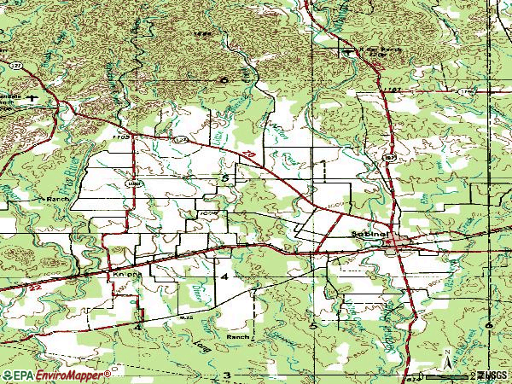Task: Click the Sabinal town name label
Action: click(369, 232)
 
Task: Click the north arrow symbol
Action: click(445, 359)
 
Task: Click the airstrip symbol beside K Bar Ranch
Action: click(347, 51)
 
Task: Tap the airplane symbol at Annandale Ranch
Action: click(32, 97)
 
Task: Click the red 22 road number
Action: click(247, 154)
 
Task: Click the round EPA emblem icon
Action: click(8, 375)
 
